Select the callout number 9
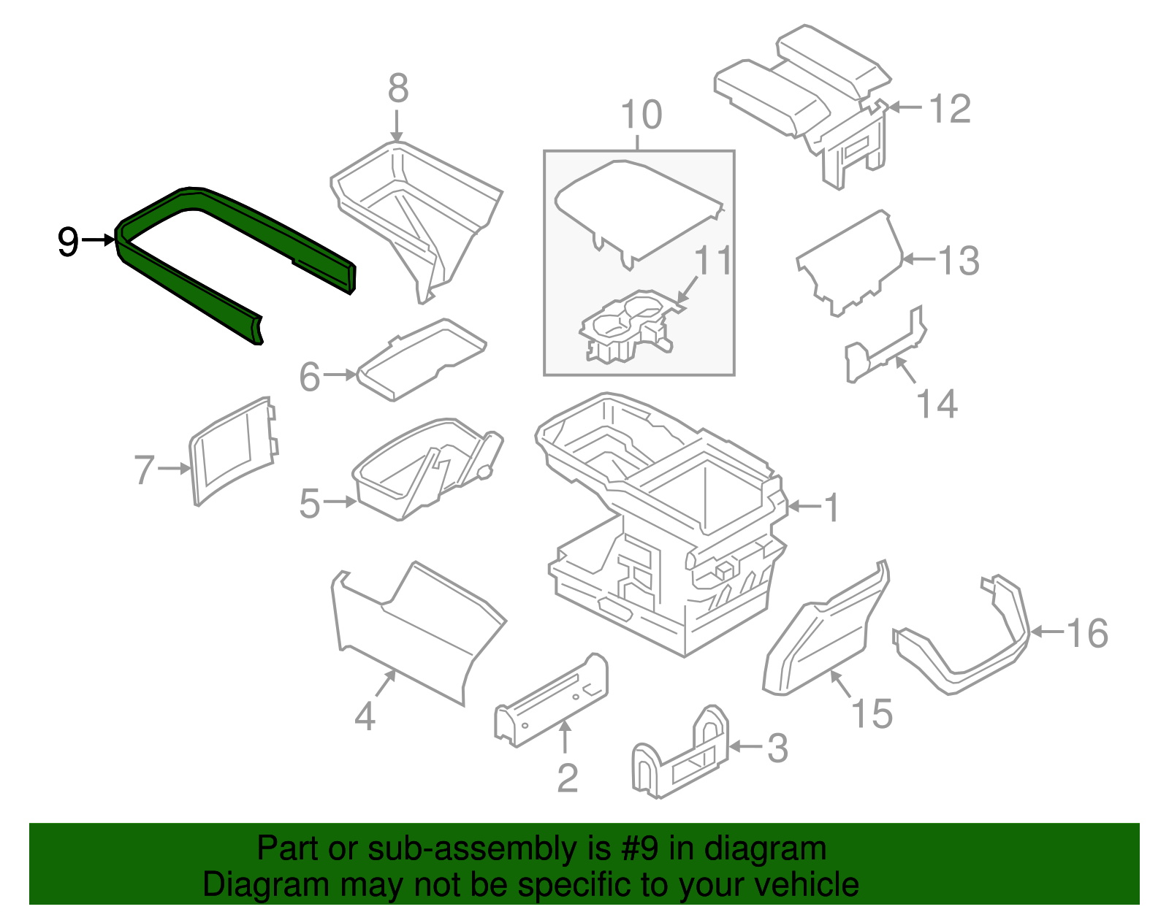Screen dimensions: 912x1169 [x=67, y=241]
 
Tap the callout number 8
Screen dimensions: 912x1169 [x=397, y=88]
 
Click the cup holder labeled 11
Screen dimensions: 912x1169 [x=625, y=329]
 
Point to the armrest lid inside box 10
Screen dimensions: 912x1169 [x=636, y=208]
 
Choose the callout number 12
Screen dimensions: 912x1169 [x=949, y=109]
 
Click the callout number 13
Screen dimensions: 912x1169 [x=958, y=260]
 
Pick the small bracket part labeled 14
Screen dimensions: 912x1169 [x=884, y=350]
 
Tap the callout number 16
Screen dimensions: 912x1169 [x=1087, y=632]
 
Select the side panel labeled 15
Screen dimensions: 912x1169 [x=822, y=635]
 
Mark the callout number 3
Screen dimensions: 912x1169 [x=777, y=748]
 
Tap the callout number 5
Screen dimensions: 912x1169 [x=310, y=503]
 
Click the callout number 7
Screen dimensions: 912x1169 [x=145, y=470]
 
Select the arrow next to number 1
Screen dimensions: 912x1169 [x=804, y=506]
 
